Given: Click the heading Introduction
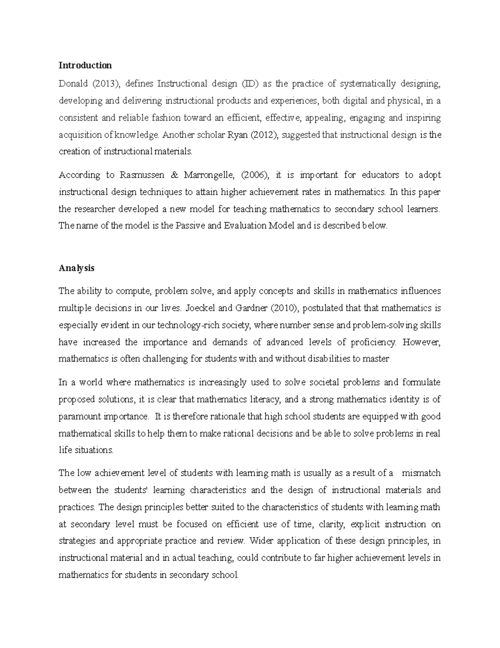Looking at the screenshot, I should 85,65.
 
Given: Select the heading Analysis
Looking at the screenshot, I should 76,268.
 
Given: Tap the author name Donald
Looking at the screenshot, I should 73,84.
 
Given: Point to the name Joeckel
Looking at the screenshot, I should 198,308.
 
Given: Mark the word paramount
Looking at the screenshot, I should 80,416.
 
